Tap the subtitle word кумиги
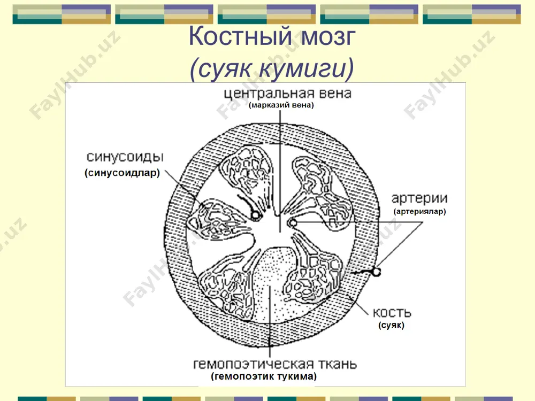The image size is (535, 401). point(307,68)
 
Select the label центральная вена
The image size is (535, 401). point(288,93)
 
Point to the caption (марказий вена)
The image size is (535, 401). point(281,105)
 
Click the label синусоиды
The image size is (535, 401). point(125,157)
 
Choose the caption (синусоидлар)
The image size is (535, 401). point(122,173)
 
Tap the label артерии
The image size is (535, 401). point(419,198)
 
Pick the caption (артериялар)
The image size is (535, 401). point(419,211)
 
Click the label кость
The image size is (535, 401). point(392,313)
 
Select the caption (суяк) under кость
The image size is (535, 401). point(391,325)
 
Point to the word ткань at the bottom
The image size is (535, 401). point(338,364)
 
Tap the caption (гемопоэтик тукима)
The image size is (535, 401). point(264,376)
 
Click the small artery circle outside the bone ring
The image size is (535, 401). point(376,272)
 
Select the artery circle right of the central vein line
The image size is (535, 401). point(292,223)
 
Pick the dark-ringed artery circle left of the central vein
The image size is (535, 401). point(255,215)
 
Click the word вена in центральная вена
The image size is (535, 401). point(335,93)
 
